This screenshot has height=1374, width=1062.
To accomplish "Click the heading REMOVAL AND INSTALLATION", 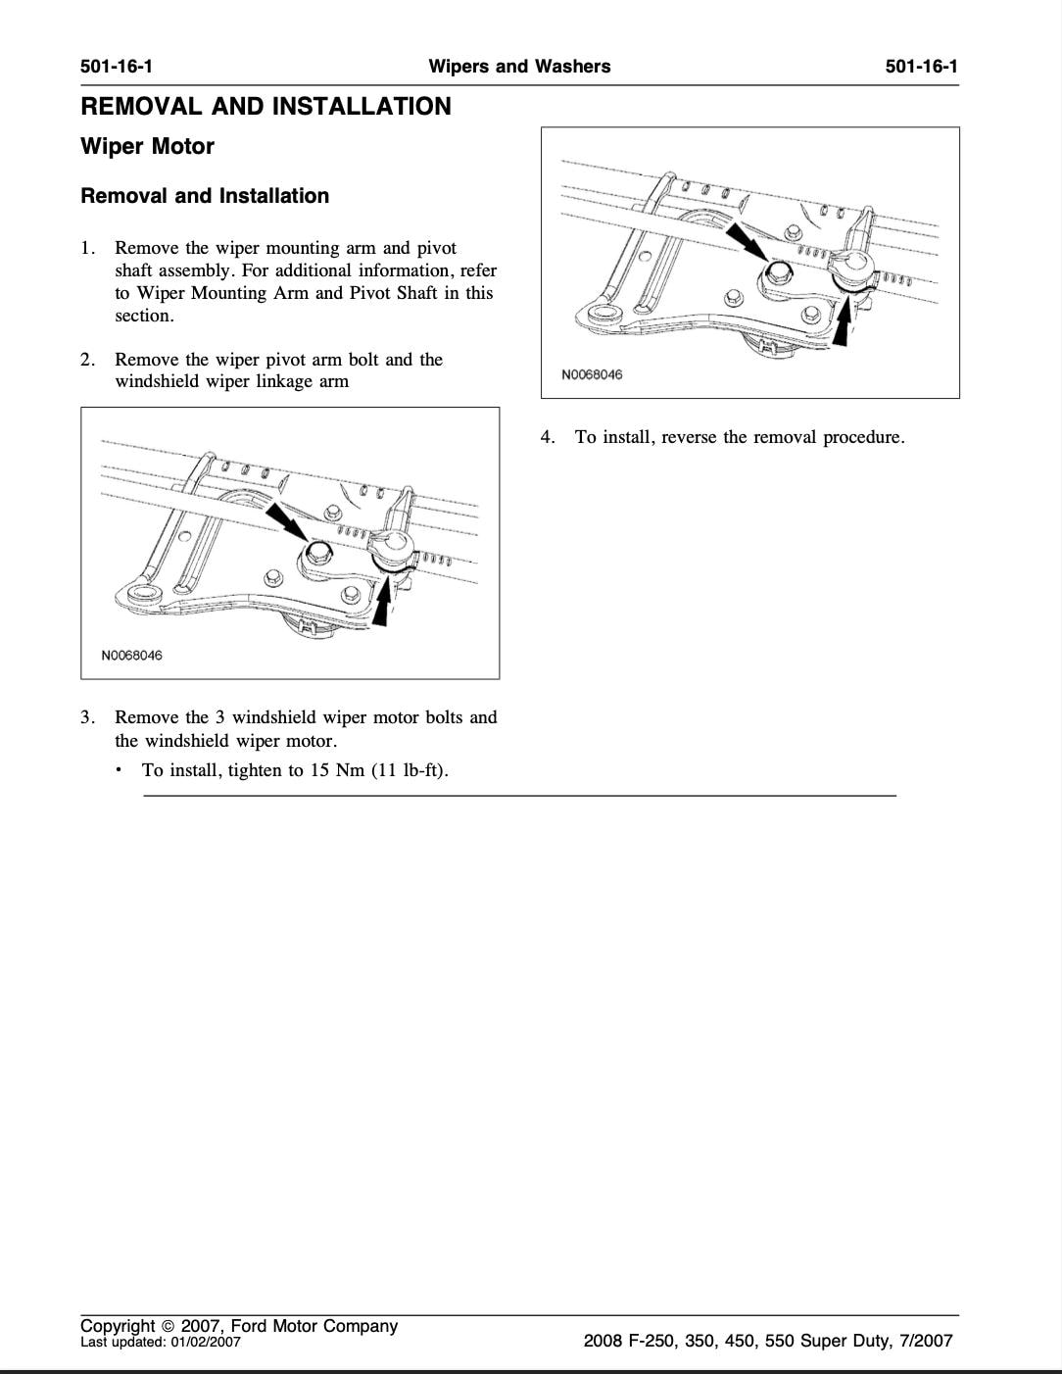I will click(265, 107).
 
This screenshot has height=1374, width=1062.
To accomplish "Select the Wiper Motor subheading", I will click(147, 147).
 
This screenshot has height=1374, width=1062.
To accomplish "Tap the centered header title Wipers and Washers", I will click(519, 67).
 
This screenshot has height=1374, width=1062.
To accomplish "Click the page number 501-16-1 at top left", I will click(117, 67).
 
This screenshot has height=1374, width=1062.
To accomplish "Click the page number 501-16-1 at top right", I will click(921, 67).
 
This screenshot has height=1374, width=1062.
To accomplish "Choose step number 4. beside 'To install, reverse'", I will click(548, 437).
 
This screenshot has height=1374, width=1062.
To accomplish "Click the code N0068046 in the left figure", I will click(131, 656).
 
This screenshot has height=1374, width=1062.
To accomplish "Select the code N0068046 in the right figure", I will click(591, 374).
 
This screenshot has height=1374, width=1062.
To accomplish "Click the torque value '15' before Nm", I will click(319, 770).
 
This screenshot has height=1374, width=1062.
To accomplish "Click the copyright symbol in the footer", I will click(168, 1327).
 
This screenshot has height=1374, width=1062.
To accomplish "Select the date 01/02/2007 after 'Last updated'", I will click(205, 1343).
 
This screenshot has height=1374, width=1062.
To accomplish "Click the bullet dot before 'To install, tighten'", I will click(119, 769).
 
